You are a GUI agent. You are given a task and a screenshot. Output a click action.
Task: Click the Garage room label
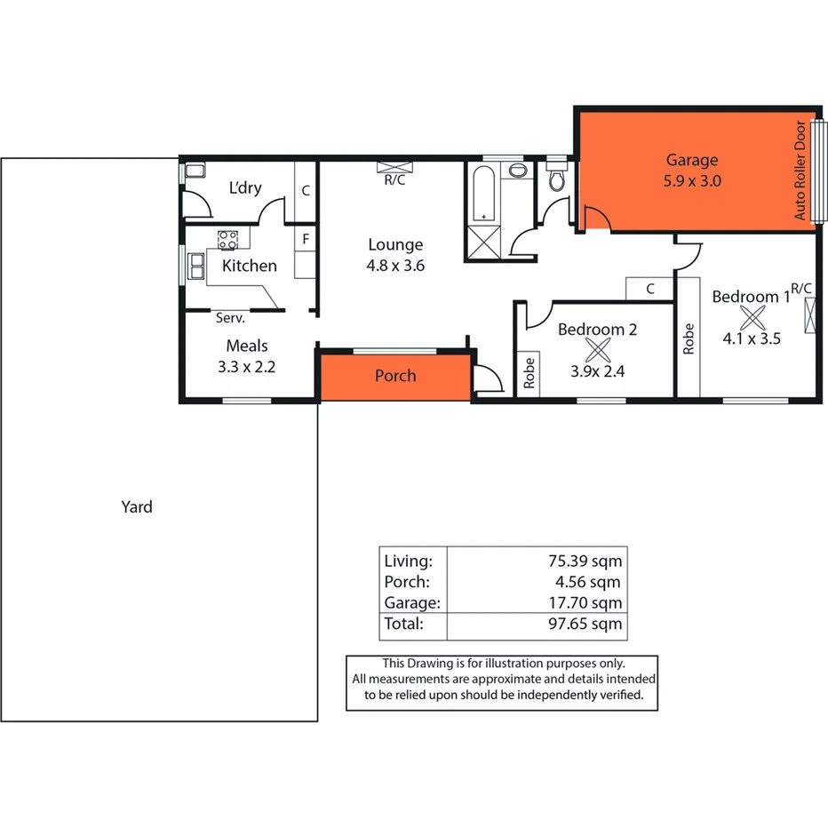click(x=691, y=161)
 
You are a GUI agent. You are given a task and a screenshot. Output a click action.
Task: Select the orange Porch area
click(x=394, y=376)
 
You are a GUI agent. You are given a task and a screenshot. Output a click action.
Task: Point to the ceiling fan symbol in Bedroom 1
click(x=752, y=317)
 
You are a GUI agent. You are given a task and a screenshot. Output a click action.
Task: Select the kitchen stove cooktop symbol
click(x=228, y=238)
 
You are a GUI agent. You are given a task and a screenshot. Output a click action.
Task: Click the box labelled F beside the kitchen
click(x=305, y=239)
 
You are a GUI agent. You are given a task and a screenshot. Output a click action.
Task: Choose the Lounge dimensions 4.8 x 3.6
click(x=395, y=264)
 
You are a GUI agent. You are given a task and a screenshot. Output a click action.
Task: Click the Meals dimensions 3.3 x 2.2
click(x=246, y=364)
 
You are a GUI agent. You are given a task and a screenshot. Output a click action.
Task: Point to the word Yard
click(x=137, y=507)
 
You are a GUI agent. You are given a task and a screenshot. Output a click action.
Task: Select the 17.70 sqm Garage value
click(x=587, y=603)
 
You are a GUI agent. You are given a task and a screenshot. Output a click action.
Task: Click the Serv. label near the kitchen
click(x=231, y=316)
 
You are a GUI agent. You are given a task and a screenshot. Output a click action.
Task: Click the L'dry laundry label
click(x=245, y=188)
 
